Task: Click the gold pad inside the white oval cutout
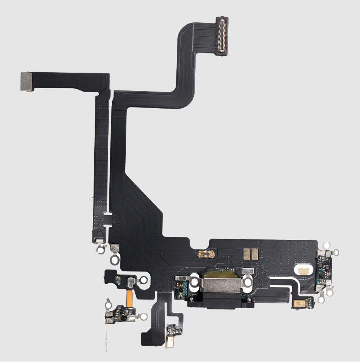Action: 303,270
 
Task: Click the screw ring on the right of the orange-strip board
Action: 144,315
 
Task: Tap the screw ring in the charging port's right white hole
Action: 248,282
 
